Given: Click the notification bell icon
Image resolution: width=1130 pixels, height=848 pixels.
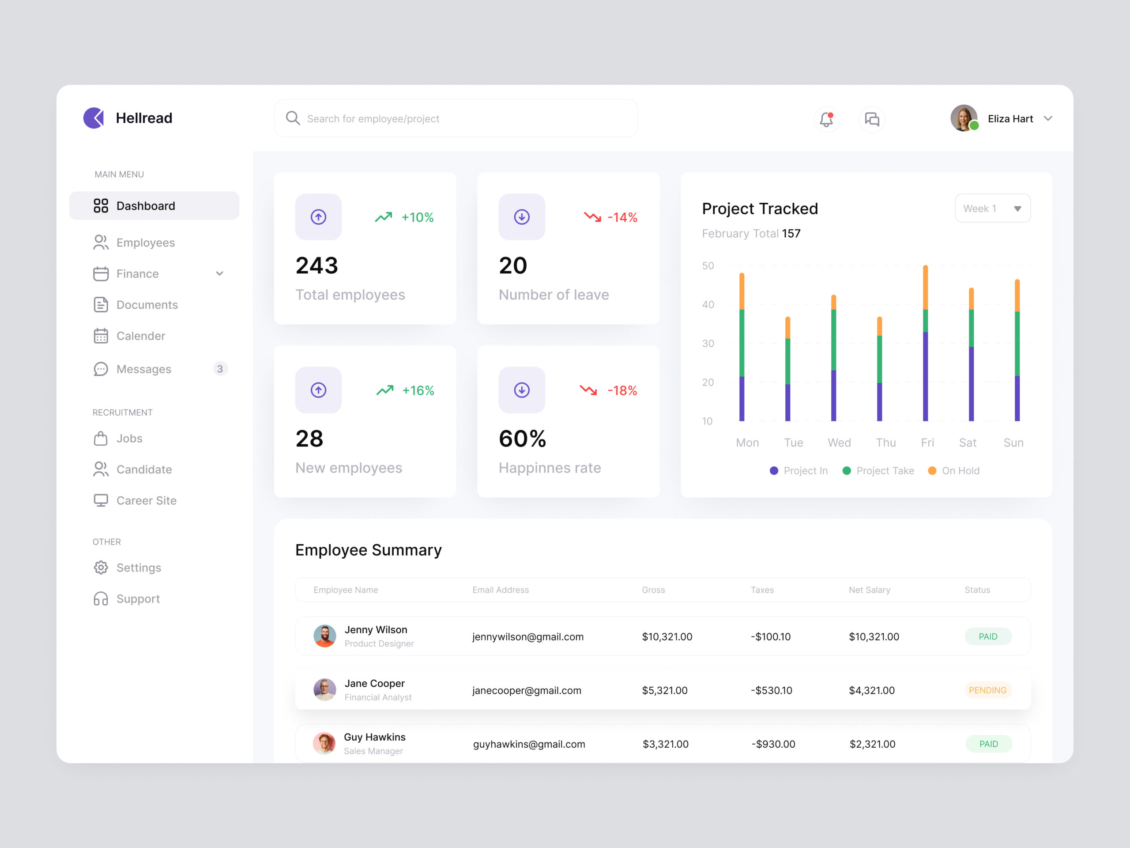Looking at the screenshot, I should [826, 119].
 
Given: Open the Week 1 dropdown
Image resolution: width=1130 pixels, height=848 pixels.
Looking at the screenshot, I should [992, 208].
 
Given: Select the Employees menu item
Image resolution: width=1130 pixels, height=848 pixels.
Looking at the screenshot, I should [146, 243].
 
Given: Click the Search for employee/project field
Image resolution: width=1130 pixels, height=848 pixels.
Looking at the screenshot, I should [456, 118].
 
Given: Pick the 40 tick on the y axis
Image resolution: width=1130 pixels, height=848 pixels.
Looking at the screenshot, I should [708, 305].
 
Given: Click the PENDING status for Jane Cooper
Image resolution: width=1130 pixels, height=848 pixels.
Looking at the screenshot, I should [987, 690].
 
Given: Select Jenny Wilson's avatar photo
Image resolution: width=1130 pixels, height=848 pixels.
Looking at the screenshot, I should [324, 636].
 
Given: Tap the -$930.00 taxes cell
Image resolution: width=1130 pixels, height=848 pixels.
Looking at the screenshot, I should [773, 744].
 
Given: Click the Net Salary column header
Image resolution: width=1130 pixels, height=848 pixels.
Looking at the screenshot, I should [869, 590].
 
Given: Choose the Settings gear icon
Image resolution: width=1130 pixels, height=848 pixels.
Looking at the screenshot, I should [101, 568].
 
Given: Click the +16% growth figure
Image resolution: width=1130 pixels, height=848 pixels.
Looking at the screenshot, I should [418, 390].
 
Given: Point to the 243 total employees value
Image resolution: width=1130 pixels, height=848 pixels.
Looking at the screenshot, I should [317, 266].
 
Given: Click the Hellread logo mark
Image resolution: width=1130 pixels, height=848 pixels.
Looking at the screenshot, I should [94, 118].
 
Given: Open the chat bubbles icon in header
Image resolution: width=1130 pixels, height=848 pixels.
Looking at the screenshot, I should [871, 119].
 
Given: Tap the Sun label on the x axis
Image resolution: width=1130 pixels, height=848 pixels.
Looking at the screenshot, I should [1013, 443].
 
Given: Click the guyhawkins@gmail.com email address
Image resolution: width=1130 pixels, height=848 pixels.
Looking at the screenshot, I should [529, 744].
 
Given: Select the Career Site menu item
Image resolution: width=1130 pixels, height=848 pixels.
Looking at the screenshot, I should [146, 500].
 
